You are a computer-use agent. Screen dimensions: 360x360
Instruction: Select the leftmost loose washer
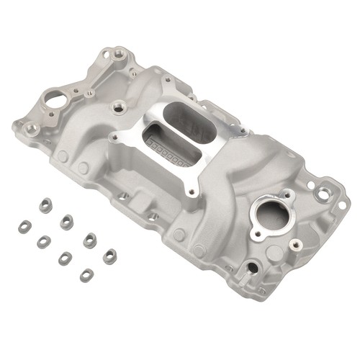pyautogui.click(x=23, y=226)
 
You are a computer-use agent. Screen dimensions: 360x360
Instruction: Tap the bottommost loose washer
pyautogui.click(x=87, y=274)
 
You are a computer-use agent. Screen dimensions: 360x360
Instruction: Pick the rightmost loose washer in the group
pyautogui.click(x=109, y=256)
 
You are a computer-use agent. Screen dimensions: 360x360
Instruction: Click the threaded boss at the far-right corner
pyautogui.click(x=323, y=192)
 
